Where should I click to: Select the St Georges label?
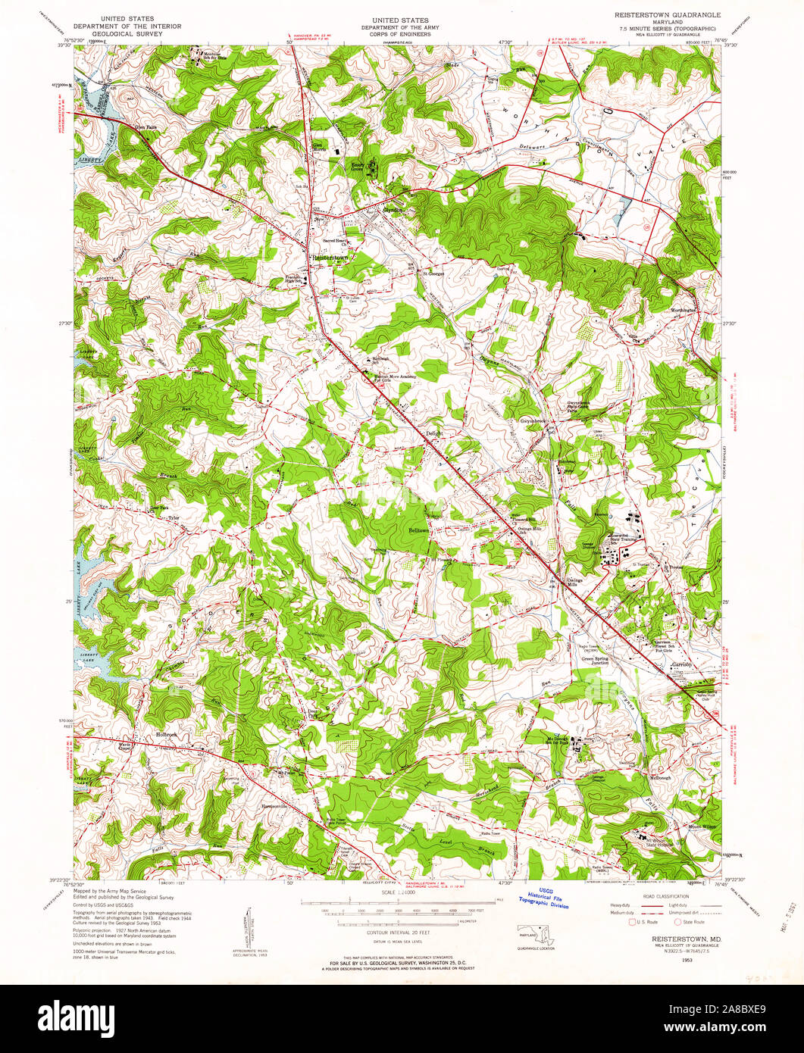433,273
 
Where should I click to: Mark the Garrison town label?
681,664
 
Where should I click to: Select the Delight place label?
433,433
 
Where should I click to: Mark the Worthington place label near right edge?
684,311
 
